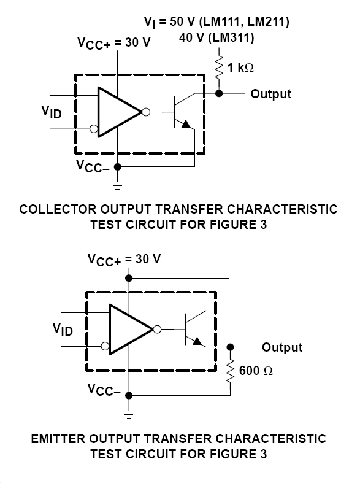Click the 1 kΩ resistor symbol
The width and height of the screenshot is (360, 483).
(x=218, y=68)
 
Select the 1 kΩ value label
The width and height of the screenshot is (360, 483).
(x=240, y=67)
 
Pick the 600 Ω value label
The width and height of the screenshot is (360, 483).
(x=256, y=371)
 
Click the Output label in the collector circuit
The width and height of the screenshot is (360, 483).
(x=271, y=94)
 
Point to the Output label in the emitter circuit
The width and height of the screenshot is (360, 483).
(x=282, y=347)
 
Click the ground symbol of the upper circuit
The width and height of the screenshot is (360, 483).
(x=117, y=185)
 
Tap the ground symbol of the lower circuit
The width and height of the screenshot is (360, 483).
(x=129, y=414)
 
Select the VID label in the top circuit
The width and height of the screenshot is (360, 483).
(x=52, y=112)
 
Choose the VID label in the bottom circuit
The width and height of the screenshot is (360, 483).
(x=63, y=330)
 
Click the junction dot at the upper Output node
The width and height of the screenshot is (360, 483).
(x=218, y=93)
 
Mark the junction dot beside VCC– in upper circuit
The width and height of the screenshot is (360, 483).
(x=117, y=167)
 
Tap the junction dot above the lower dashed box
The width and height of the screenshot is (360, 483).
(x=129, y=278)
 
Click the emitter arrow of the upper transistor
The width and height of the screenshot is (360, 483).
(x=186, y=124)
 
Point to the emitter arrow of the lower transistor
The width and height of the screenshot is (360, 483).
(x=197, y=341)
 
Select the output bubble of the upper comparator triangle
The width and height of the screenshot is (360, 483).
(x=146, y=112)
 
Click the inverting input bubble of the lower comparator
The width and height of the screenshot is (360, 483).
(x=105, y=346)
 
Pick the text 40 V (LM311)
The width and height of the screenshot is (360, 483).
(x=216, y=37)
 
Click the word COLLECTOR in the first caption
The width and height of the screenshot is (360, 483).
(x=58, y=209)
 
